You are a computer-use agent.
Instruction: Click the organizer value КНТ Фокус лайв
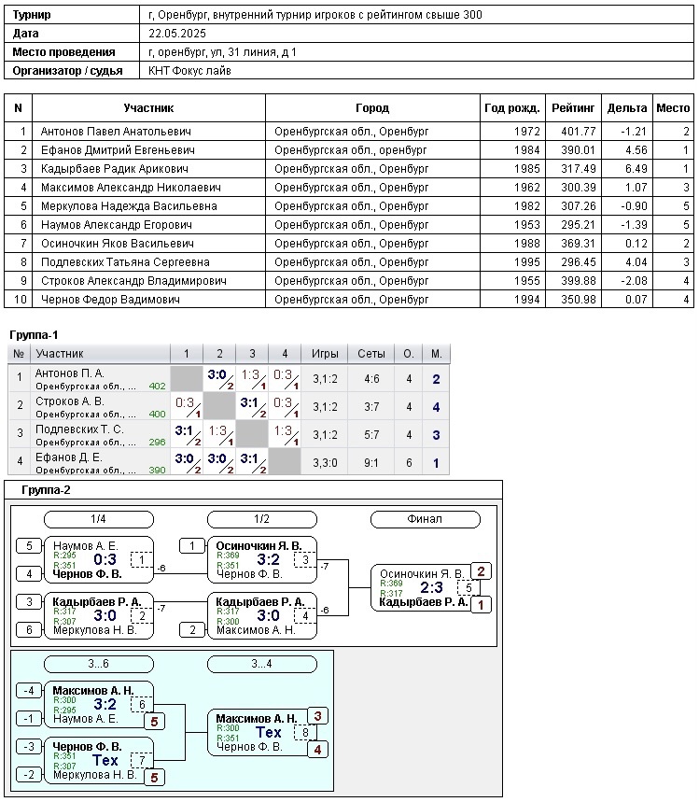pyautogui.click(x=189, y=71)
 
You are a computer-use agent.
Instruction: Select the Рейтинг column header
pyautogui.click(x=573, y=108)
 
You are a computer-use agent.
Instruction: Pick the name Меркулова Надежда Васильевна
pyautogui.click(x=129, y=206)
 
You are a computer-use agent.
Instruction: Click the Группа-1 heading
pyautogui.click(x=34, y=334)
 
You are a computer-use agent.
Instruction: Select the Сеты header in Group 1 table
pyautogui.click(x=371, y=354)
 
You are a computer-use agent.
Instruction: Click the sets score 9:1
pyautogui.click(x=371, y=462)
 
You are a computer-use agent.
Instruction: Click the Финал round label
pyautogui.click(x=425, y=519)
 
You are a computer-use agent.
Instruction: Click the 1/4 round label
pyautogui.click(x=98, y=519)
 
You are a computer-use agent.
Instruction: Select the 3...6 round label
pyautogui.click(x=98, y=664)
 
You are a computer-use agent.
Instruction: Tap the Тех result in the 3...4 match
pyautogui.click(x=269, y=733)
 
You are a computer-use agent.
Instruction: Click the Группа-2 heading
pyautogui.click(x=46, y=490)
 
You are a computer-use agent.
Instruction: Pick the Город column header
pyautogui.click(x=372, y=108)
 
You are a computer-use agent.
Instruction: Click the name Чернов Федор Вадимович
pyautogui.click(x=109, y=300)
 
